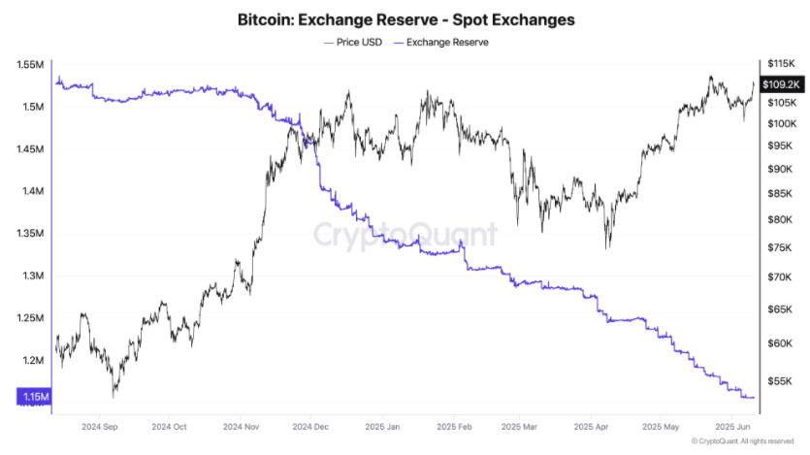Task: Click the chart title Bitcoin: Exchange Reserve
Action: coord(405,19)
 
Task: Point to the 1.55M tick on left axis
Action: coord(30,65)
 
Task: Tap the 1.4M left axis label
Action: coord(32,191)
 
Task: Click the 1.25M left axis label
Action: coord(30,318)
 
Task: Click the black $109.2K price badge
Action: coord(781,83)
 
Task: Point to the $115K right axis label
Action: coord(781,63)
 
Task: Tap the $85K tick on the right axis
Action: coord(779,194)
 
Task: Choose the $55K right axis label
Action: coord(779,381)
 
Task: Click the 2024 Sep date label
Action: coord(101,426)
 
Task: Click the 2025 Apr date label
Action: coord(591,426)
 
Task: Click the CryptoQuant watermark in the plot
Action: coord(405,234)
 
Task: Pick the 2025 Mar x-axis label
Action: coord(521,426)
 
